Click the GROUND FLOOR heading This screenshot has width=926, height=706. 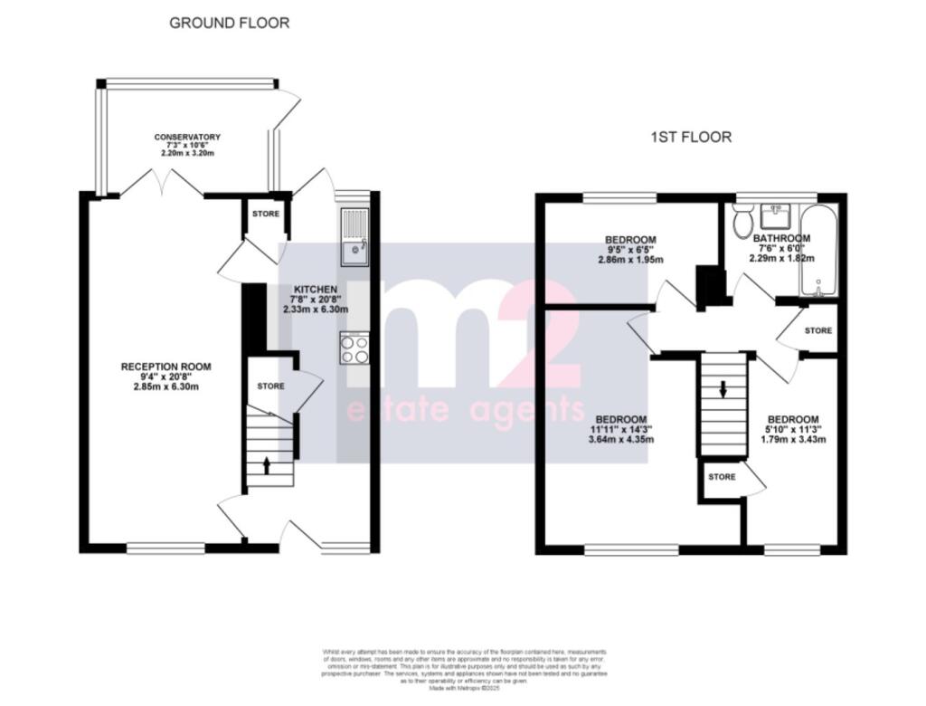[230, 23]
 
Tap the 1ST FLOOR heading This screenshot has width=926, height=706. [690, 138]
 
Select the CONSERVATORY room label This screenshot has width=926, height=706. [187, 138]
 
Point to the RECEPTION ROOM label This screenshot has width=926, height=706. [166, 367]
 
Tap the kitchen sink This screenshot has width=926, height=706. [354, 237]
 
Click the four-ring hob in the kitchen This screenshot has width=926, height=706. [354, 348]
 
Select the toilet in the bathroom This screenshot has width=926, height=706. [743, 219]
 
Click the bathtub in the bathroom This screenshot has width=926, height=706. [818, 249]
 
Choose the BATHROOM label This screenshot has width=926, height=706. [781, 239]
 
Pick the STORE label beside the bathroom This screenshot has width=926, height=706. [818, 330]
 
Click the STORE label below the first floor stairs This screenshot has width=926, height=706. [722, 476]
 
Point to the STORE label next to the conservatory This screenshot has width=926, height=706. [266, 215]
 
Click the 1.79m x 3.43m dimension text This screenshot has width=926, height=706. [793, 440]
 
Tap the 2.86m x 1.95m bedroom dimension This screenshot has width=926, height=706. [630, 260]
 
